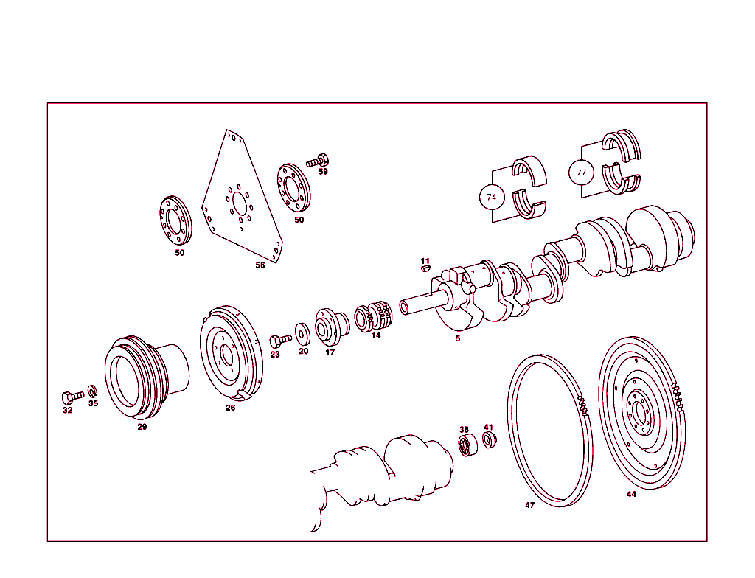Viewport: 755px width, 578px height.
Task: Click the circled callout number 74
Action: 492,197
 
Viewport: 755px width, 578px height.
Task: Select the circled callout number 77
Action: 581,173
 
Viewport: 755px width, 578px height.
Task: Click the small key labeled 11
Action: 425,269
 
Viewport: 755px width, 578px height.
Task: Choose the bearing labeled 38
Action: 465,445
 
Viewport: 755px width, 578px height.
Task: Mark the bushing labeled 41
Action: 489,440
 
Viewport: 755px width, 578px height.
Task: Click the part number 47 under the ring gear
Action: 529,505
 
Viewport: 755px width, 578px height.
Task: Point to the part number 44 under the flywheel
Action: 631,494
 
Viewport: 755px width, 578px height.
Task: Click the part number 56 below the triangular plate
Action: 260,265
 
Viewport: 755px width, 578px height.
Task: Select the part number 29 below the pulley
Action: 142,427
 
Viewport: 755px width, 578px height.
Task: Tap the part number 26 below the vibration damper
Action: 231,408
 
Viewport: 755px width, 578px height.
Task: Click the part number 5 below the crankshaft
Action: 457,338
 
